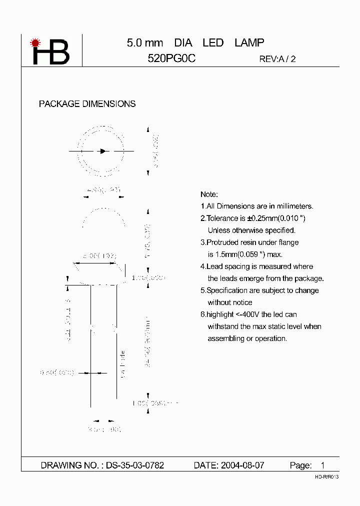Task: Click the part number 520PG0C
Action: (x=171, y=58)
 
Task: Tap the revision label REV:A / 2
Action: (x=277, y=59)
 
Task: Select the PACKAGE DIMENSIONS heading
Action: (x=87, y=104)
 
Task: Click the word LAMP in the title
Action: (x=249, y=43)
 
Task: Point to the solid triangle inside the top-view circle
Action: (x=103, y=150)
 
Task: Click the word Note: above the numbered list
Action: (x=209, y=194)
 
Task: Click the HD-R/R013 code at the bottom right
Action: (x=326, y=477)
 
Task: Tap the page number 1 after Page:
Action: (x=322, y=465)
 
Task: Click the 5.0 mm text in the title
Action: (x=145, y=43)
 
